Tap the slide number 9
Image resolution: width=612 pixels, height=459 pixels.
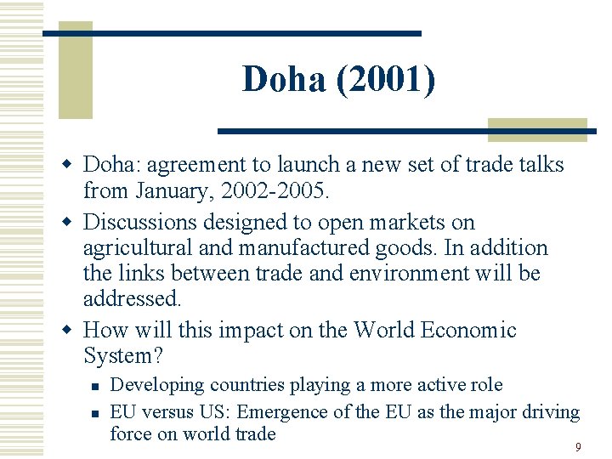tap(578, 447)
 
